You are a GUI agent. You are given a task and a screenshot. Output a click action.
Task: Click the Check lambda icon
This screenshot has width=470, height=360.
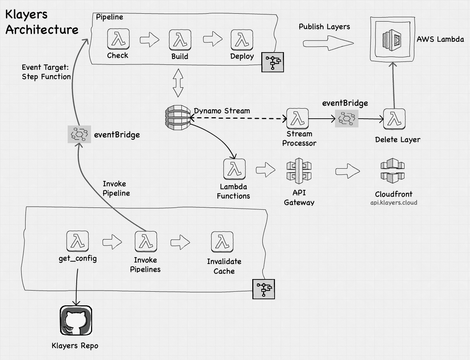click(118, 39)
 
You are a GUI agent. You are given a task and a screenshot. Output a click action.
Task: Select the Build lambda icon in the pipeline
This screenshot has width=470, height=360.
click(180, 40)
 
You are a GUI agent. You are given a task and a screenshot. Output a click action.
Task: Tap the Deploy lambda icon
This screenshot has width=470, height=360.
click(242, 40)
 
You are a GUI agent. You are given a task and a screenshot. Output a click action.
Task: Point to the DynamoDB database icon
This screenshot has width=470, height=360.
click(177, 117)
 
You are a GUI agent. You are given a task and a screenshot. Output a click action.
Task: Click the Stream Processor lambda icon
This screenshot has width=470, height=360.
click(298, 119)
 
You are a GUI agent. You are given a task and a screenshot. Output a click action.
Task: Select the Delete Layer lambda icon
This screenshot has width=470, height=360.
click(394, 119)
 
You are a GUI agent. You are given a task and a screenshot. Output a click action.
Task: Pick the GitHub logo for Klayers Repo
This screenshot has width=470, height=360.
click(76, 320)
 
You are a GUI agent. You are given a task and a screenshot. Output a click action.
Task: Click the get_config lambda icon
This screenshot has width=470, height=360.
click(77, 241)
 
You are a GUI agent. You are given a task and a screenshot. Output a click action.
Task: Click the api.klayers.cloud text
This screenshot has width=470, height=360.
click(394, 202)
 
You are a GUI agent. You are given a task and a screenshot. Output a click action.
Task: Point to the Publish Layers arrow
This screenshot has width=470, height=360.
click(328, 43)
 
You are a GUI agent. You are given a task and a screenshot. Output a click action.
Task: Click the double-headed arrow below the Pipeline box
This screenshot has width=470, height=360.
click(178, 83)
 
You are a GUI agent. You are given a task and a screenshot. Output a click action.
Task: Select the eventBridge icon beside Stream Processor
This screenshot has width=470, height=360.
click(347, 118)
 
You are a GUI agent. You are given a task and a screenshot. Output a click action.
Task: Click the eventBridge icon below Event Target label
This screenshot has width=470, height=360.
click(80, 134)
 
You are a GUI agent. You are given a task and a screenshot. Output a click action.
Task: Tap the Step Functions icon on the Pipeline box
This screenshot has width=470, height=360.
click(272, 62)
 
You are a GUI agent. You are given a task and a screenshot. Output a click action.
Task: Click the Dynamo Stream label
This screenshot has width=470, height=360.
click(222, 111)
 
